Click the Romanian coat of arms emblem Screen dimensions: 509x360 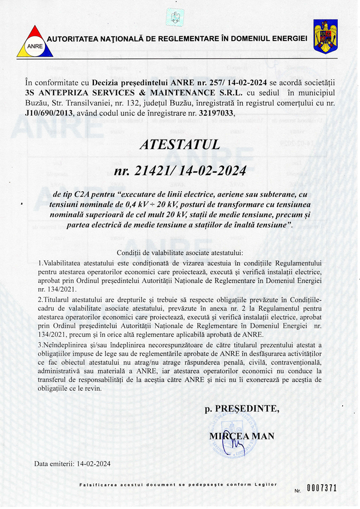(325, 36)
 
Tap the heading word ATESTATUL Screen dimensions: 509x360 (180, 144)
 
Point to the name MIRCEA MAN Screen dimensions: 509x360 (241, 436)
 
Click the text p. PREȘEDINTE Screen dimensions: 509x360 (242, 408)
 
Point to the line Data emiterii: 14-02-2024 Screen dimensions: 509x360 (72, 463)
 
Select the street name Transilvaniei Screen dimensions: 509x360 (89, 103)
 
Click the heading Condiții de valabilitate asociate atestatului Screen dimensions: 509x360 (180, 253)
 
